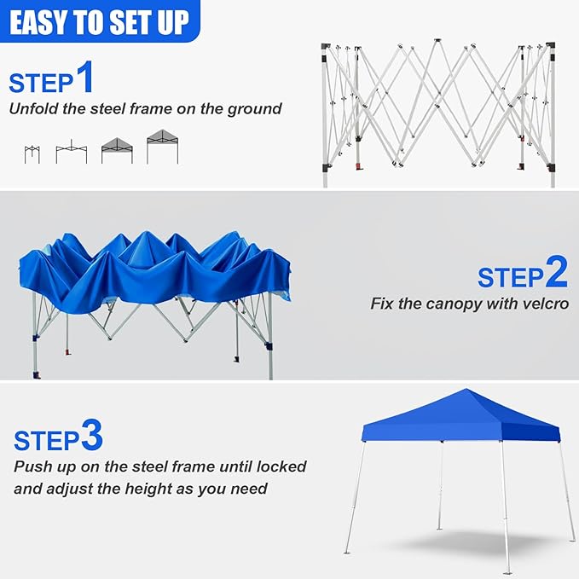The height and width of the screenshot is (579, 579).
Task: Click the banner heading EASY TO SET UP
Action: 99,23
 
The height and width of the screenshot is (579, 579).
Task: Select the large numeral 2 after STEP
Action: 556,272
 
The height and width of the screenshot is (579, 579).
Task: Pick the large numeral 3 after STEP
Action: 91,435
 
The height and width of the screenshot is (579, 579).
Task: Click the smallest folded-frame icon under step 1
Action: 32,154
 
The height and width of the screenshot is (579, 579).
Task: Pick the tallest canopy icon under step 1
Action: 163,147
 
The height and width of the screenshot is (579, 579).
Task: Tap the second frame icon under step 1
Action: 72,152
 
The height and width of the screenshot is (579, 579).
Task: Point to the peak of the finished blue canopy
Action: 466,389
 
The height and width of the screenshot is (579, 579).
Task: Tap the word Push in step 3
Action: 31,466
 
